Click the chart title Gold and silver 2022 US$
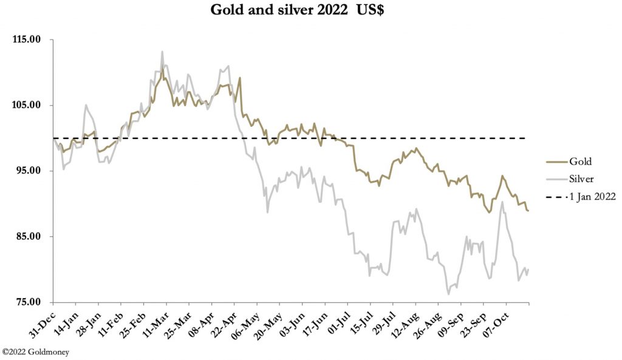click(x=310, y=10)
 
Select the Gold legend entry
click(x=580, y=161)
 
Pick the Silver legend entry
click(x=581, y=179)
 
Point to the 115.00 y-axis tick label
click(x=26, y=39)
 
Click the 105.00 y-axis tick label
click(x=26, y=105)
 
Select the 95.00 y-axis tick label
click(x=27, y=171)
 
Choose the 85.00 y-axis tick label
click(x=27, y=236)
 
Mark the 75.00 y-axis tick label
click(x=27, y=302)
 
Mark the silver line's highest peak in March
click(x=162, y=52)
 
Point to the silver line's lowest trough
click(x=449, y=294)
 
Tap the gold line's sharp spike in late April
click(x=240, y=78)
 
